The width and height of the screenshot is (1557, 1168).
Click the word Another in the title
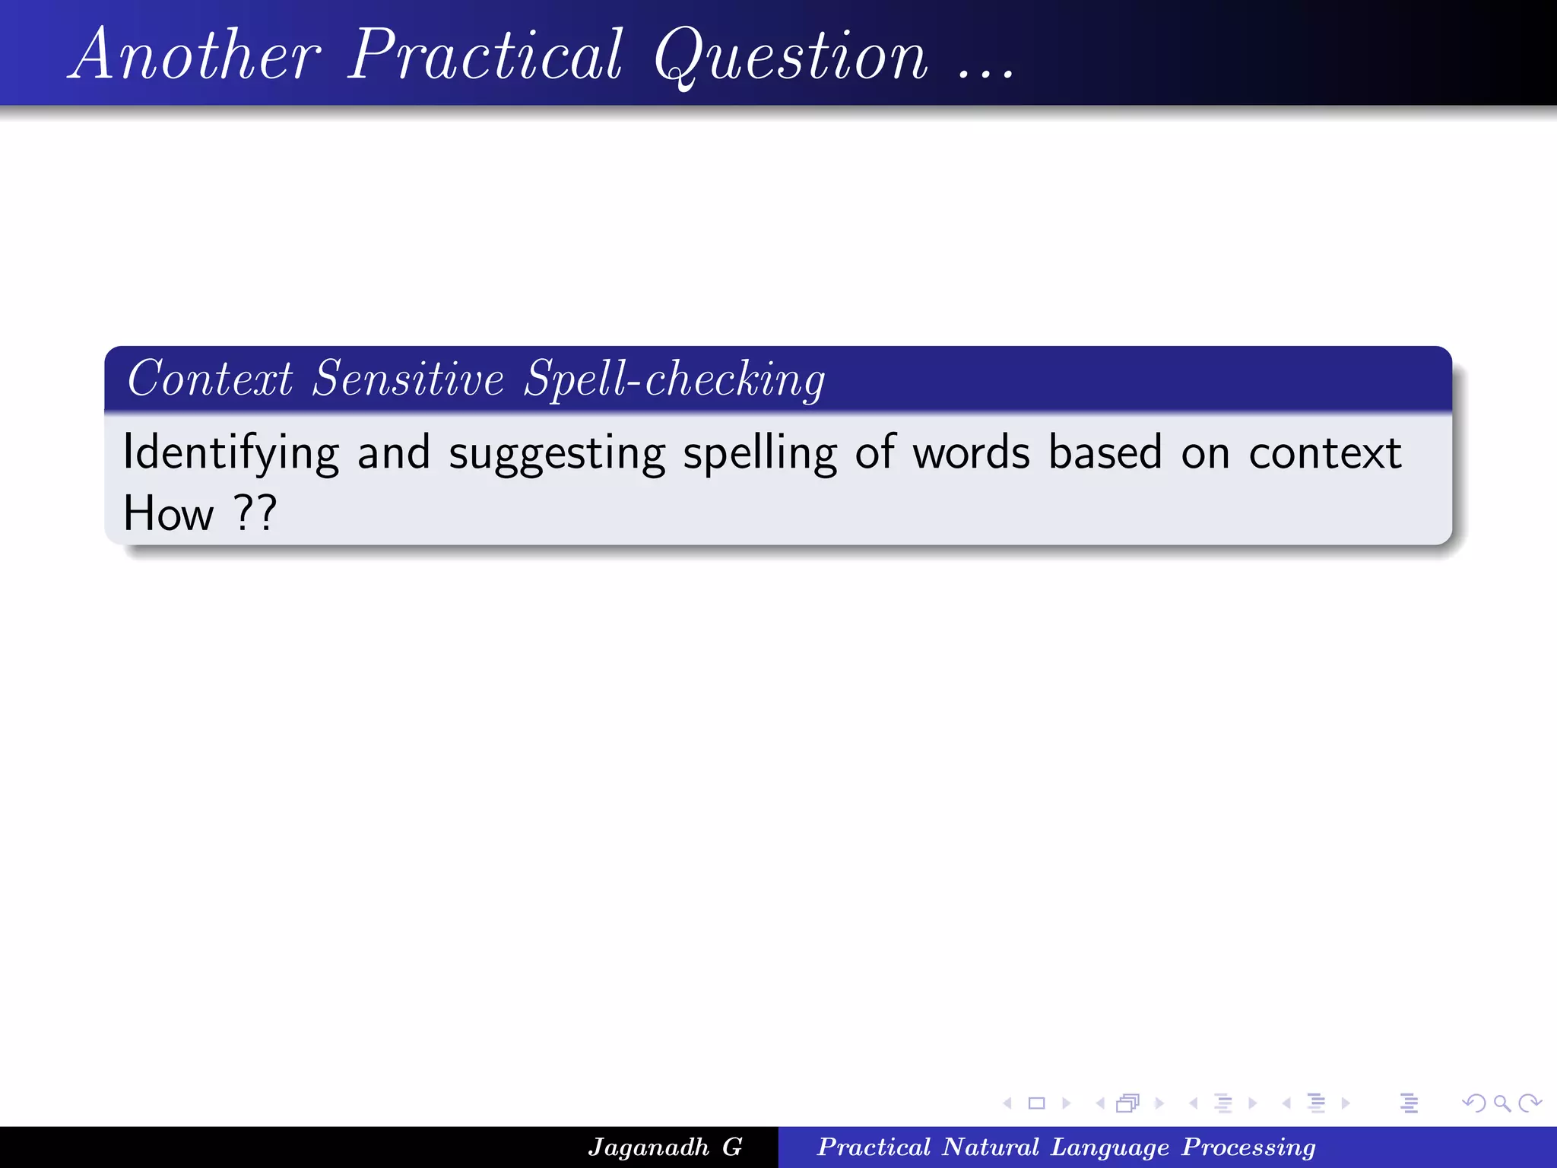point(196,55)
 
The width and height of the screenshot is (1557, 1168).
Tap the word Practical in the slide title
point(485,55)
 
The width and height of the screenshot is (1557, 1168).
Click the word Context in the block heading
point(210,379)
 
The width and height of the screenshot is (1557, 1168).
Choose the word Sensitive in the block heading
point(408,379)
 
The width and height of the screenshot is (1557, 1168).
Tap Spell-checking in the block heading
point(674,379)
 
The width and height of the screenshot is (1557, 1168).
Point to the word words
point(971,453)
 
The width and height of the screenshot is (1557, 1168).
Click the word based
point(1105,453)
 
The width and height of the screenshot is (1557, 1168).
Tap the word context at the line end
point(1324,453)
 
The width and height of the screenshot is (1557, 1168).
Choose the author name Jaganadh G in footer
point(665,1147)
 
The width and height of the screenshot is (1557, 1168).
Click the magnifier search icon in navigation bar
point(1502,1103)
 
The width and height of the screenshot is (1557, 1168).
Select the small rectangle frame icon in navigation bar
point(1036,1103)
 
